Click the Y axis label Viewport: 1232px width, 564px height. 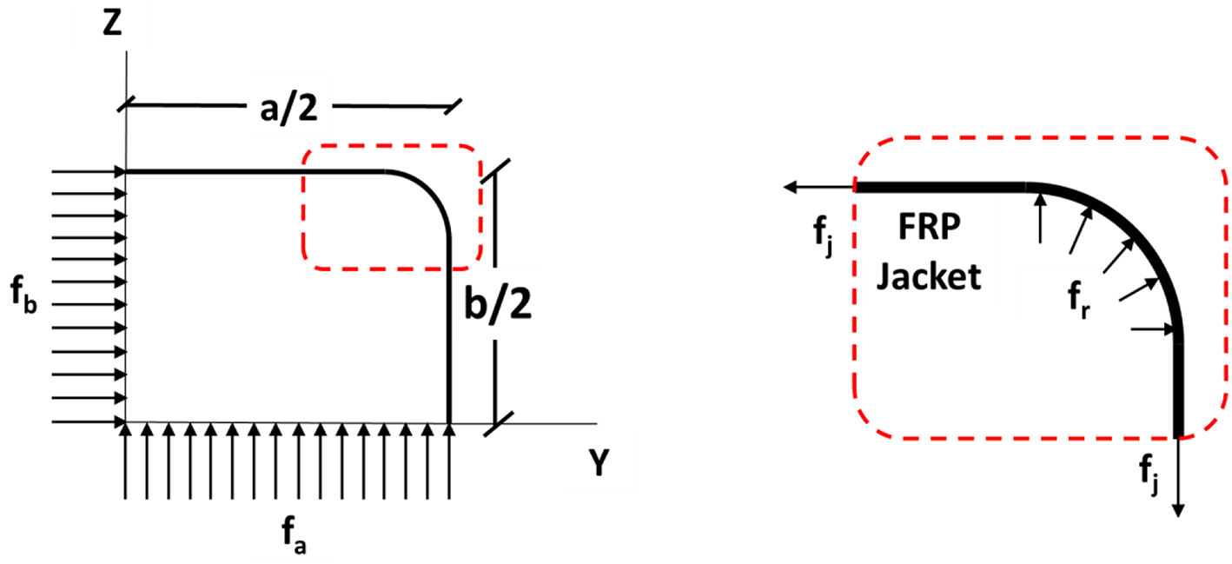coord(597,466)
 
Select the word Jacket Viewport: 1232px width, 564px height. coord(928,277)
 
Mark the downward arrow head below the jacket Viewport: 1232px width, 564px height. coord(1179,511)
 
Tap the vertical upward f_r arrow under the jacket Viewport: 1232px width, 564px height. coord(1039,217)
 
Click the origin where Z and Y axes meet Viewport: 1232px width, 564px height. coord(126,424)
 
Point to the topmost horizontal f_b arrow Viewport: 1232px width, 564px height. coord(87,172)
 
